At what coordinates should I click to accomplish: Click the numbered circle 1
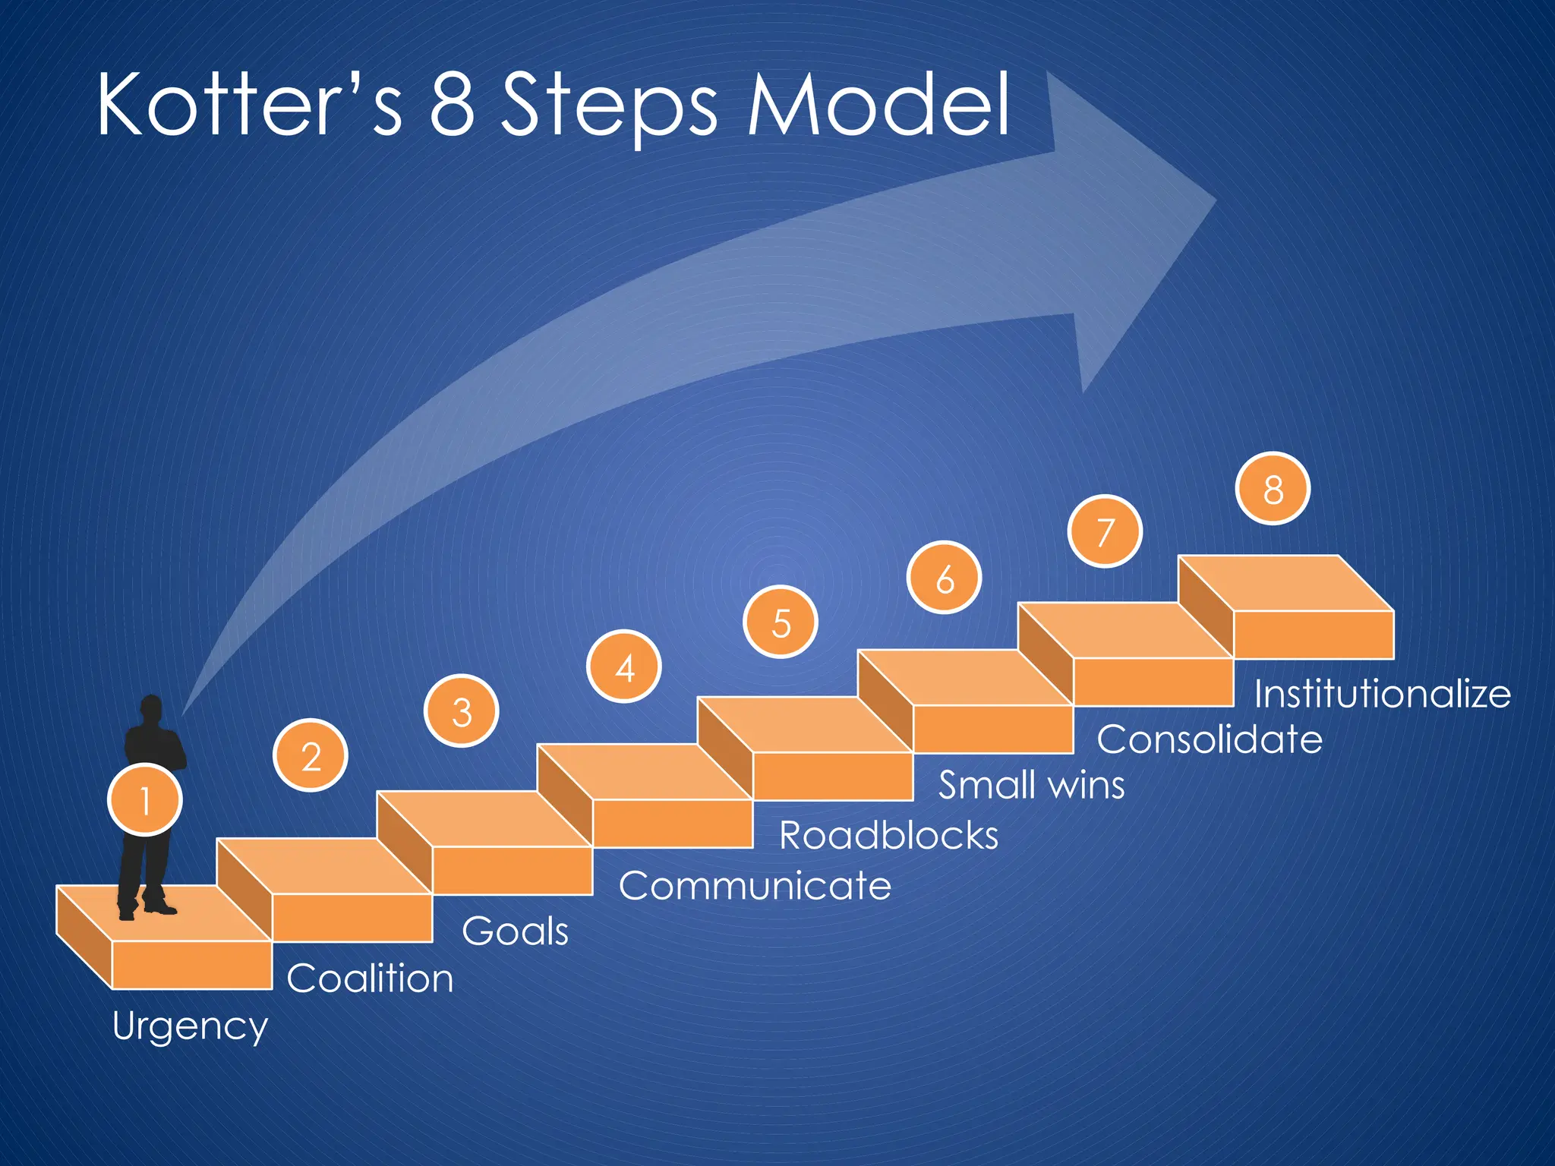click(145, 800)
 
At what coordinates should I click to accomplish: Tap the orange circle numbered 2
click(311, 756)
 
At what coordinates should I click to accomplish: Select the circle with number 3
click(462, 711)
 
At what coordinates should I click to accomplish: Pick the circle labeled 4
click(624, 667)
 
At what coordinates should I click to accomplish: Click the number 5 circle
click(781, 622)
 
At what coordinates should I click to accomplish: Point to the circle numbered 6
click(945, 578)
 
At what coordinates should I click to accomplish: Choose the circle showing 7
click(1105, 531)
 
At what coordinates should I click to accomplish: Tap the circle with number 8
click(1273, 489)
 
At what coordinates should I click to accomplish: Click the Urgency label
click(190, 1026)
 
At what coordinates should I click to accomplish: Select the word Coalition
click(370, 978)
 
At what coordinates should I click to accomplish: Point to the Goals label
click(515, 931)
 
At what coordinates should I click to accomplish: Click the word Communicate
click(755, 885)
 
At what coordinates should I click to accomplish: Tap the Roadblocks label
click(888, 836)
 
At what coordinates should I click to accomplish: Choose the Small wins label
click(1031, 785)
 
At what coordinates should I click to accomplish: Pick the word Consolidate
click(1209, 739)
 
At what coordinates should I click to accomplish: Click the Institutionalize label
click(1382, 694)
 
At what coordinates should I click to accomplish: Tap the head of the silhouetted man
click(152, 709)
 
